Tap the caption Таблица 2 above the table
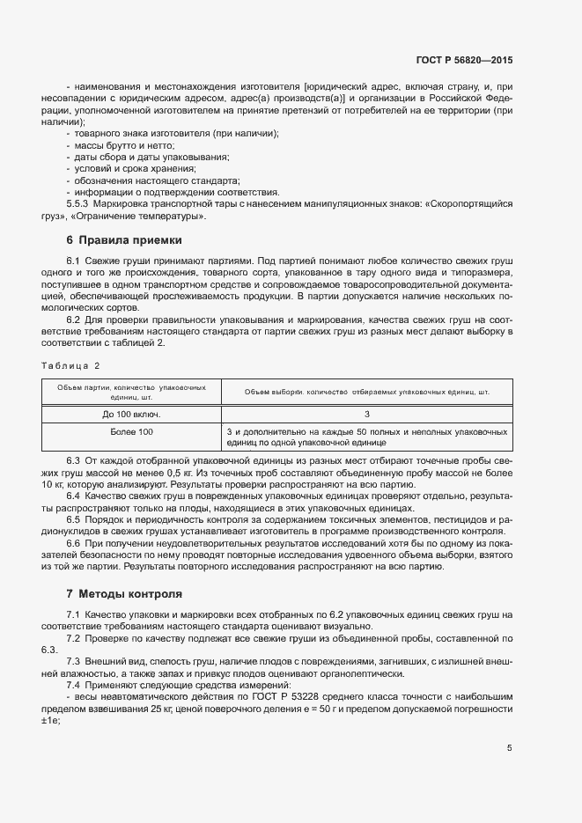pos(71,365)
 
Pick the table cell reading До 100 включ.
pos(131,413)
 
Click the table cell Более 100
pos(131,432)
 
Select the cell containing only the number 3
pos(366,413)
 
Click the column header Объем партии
pos(131,391)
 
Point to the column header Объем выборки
pos(366,391)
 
